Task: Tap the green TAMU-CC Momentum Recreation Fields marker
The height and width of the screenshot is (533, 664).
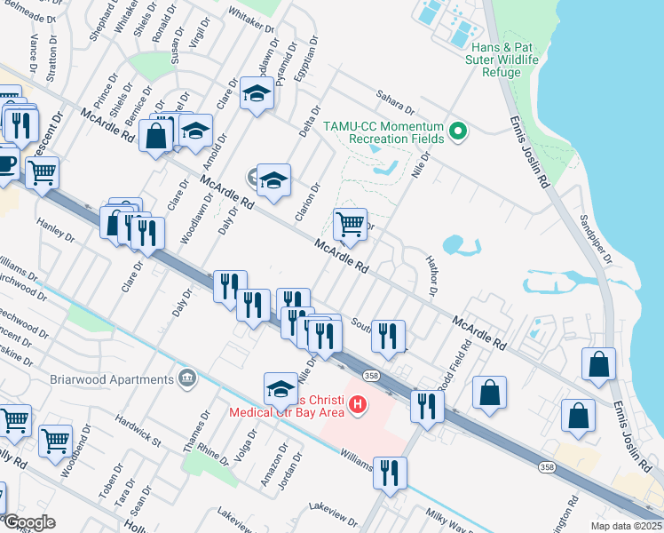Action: coord(458,132)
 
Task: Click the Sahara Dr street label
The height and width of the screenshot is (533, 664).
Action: coord(396,100)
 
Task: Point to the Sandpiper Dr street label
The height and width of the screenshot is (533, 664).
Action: coord(595,239)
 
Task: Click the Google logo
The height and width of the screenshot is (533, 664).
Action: coord(28,522)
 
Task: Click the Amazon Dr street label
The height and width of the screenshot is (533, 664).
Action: coord(267,468)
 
